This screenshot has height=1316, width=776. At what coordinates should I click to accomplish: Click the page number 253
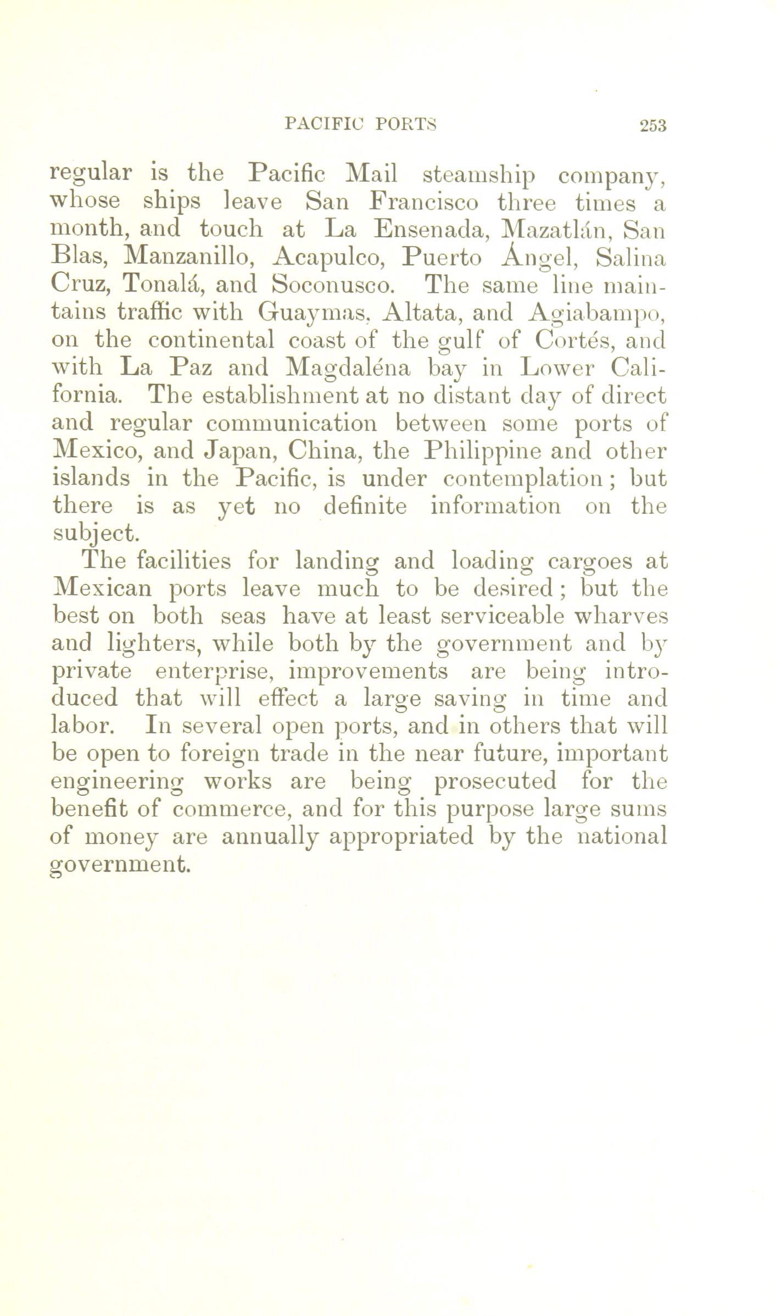[652, 126]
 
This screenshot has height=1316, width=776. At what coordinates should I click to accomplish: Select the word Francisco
[423, 203]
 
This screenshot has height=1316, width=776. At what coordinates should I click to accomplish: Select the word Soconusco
[332, 286]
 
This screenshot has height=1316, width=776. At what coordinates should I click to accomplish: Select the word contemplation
[527, 479]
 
